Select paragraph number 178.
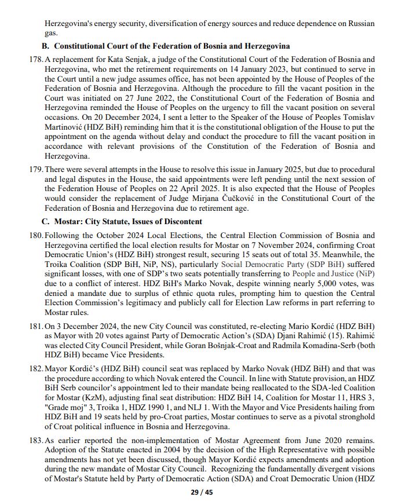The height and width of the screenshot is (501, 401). (35, 60)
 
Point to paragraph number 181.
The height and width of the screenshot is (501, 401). (35, 327)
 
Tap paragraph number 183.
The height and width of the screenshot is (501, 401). (35, 441)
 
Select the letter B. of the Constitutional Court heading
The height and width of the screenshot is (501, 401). (46, 46)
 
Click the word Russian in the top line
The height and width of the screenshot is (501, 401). (357, 24)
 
